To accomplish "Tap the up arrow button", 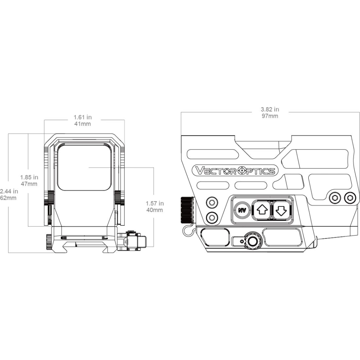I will click(x=261, y=210).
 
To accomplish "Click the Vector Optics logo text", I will click(x=235, y=171).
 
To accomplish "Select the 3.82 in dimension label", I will click(x=270, y=110).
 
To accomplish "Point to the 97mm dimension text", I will click(x=270, y=116).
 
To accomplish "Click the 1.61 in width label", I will click(x=83, y=117).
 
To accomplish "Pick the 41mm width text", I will click(x=83, y=124).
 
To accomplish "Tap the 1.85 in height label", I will click(x=29, y=177).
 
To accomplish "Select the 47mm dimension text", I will click(x=29, y=184).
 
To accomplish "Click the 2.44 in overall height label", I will click(x=9, y=191).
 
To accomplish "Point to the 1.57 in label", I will click(x=155, y=204).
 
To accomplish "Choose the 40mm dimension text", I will click(x=155, y=210).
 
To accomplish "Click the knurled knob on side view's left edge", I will click(x=187, y=210).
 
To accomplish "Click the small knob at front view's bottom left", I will click(x=48, y=242).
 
